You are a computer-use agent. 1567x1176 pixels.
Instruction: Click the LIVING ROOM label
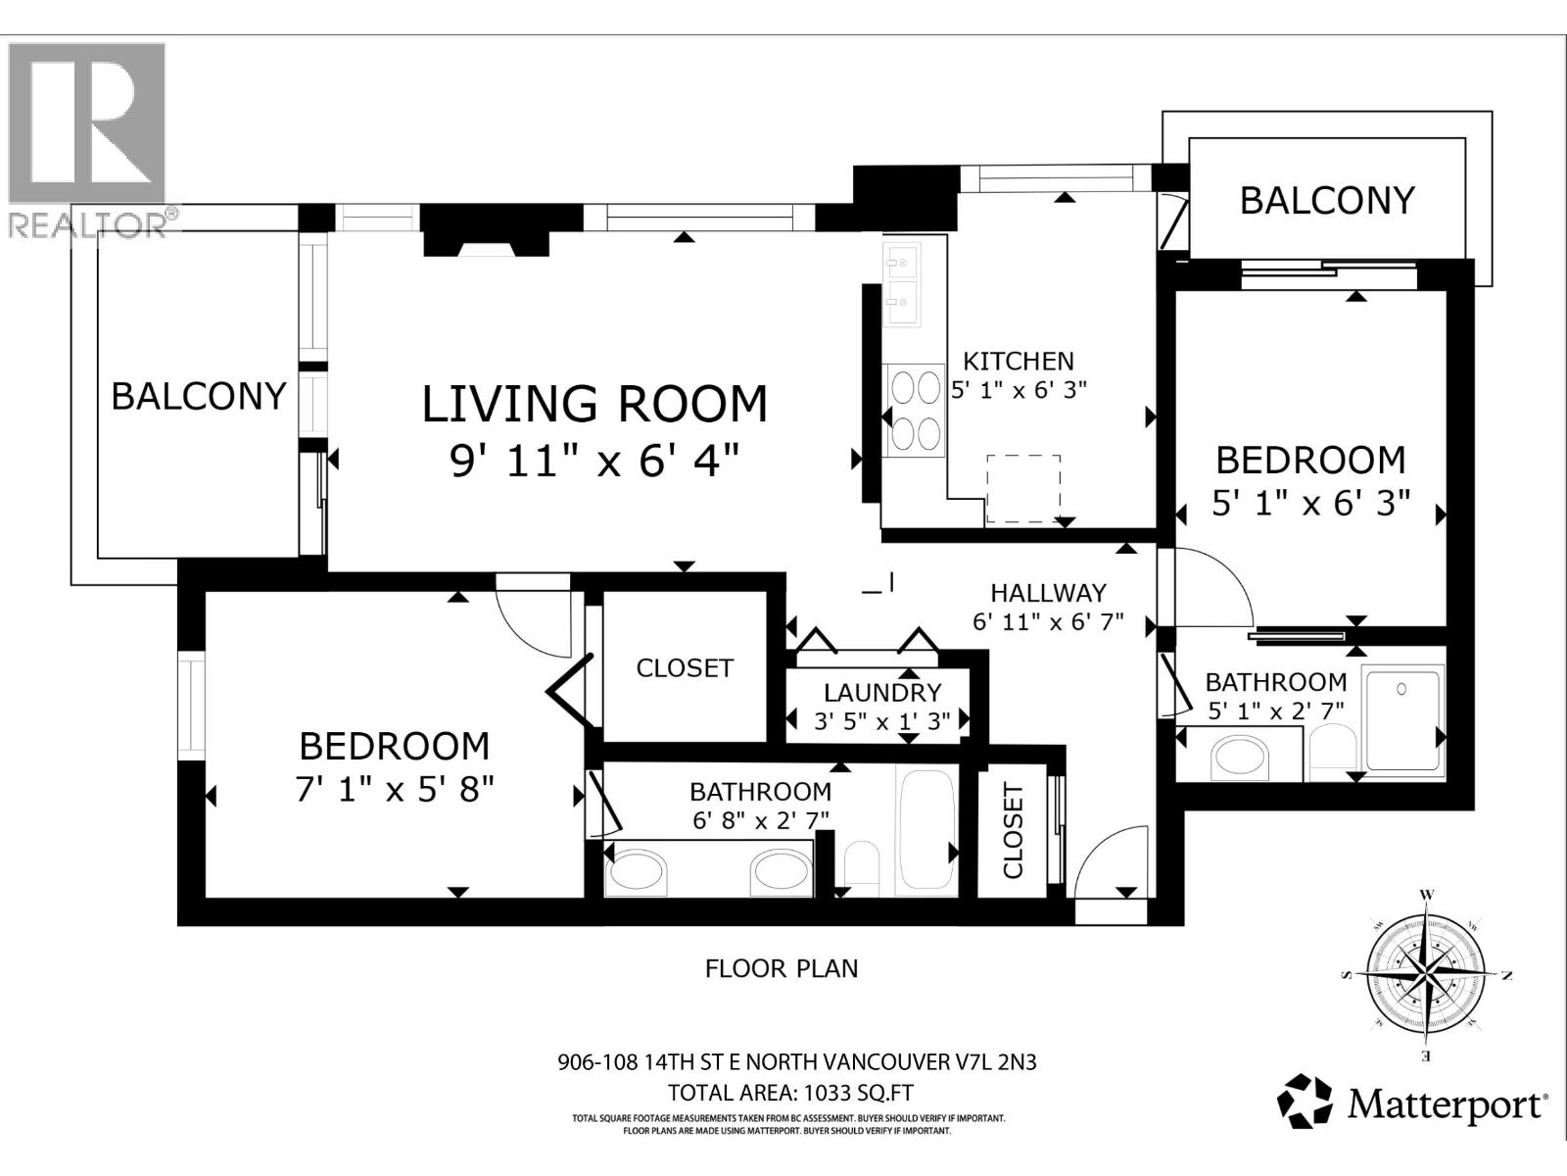pos(594,404)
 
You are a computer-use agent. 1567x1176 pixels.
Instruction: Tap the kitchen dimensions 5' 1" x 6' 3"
pos(1020,390)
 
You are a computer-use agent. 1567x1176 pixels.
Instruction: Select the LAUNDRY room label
pos(881,693)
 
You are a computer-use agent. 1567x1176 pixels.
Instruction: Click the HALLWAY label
pos(1048,593)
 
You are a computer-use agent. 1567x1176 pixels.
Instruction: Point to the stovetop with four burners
pos(915,410)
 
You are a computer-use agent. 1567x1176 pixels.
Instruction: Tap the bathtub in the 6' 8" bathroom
pos(926,831)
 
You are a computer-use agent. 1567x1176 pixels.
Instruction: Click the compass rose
pos(1426,975)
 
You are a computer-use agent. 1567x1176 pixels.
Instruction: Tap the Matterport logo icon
pos(1305,1102)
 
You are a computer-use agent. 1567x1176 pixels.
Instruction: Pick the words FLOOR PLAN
pos(782,968)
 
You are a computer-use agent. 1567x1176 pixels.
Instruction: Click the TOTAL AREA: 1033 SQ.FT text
pos(789,1093)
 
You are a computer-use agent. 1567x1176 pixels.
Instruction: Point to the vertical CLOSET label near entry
pos(1013,831)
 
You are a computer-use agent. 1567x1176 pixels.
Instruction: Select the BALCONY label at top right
pos(1327,200)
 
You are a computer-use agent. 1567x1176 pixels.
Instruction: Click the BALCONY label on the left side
pos(199,396)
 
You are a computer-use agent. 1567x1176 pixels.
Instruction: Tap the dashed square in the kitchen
pos(1023,488)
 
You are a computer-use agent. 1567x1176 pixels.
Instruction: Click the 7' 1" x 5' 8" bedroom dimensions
pos(394,788)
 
